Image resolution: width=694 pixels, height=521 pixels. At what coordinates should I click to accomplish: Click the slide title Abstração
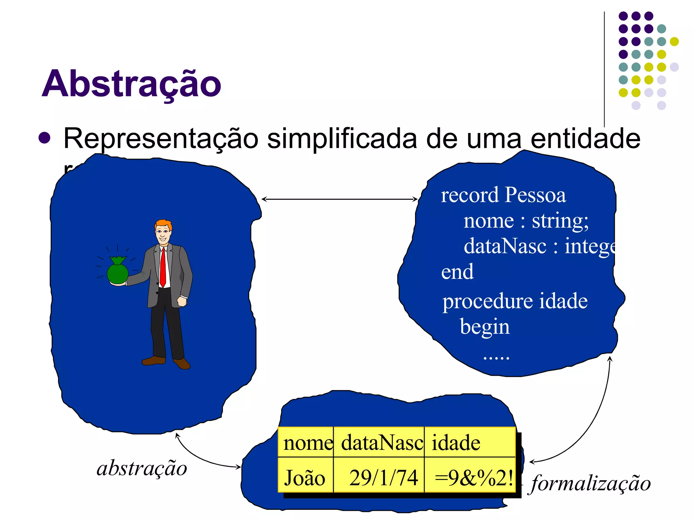coord(131,84)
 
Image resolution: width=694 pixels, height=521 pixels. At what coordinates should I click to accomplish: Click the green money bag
coord(118,271)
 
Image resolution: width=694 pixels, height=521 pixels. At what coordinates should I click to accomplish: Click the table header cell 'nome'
coord(306,443)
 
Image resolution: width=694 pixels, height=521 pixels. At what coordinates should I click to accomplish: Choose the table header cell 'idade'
coord(456,443)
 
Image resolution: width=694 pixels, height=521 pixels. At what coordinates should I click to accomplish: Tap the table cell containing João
coord(305,478)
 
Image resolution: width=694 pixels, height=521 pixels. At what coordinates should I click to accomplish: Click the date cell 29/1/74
coord(383,478)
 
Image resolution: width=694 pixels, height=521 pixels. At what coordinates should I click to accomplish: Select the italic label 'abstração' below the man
coord(142,468)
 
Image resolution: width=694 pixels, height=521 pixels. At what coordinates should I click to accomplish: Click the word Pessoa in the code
coord(535,195)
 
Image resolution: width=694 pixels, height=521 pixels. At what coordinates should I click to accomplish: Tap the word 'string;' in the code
coord(560,221)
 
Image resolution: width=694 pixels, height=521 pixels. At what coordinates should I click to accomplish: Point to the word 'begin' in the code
coord(485,327)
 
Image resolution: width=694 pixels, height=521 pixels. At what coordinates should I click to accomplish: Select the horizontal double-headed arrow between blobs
coord(339,199)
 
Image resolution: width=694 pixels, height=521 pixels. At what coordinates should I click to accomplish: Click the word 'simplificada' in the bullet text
coord(342,139)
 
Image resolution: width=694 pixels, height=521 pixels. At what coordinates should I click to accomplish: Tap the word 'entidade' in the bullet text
coord(585,139)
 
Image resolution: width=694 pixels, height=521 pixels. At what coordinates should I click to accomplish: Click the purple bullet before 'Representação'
coord(44,138)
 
